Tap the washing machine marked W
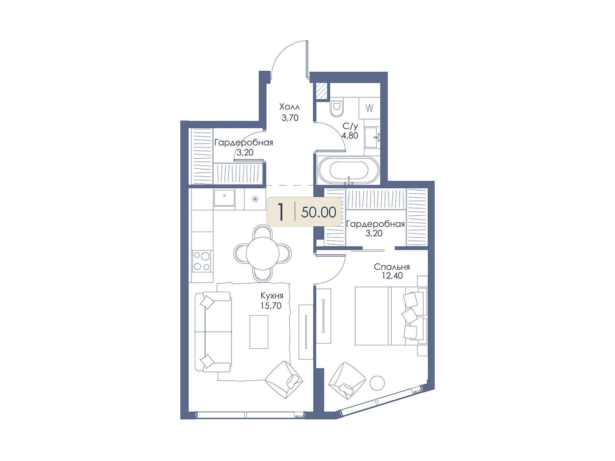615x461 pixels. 369,108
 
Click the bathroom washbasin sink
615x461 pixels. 372,138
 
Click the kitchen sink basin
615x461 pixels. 224,197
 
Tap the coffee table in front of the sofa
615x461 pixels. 259,332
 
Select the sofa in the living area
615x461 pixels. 213,332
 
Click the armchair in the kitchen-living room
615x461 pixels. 284,379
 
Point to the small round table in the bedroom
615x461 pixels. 377,383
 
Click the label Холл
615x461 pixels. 289,107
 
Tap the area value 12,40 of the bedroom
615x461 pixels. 392,276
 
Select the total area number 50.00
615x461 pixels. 319,212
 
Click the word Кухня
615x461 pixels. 272,295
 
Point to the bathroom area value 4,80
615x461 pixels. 350,136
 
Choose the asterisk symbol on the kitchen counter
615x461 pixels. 255,199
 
